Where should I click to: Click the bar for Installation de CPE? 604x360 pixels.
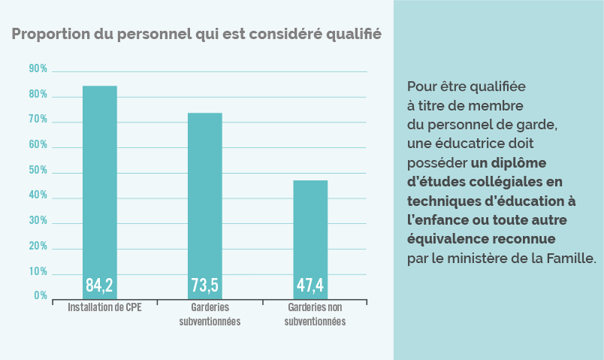(x=100, y=188)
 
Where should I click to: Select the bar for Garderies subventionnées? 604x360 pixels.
(x=204, y=203)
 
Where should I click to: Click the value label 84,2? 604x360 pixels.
(x=99, y=286)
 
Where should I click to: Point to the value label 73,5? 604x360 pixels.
(x=204, y=286)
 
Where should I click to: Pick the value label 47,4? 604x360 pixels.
(x=310, y=286)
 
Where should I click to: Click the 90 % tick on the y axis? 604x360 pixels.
(x=38, y=69)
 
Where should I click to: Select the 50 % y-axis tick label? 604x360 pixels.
(x=38, y=171)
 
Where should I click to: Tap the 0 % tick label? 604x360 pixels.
(x=41, y=296)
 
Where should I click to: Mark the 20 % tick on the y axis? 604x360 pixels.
(x=38, y=247)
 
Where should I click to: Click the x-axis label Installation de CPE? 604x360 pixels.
(x=104, y=308)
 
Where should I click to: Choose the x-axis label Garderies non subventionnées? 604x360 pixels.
(x=316, y=315)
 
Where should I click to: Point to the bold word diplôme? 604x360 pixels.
(x=521, y=162)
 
